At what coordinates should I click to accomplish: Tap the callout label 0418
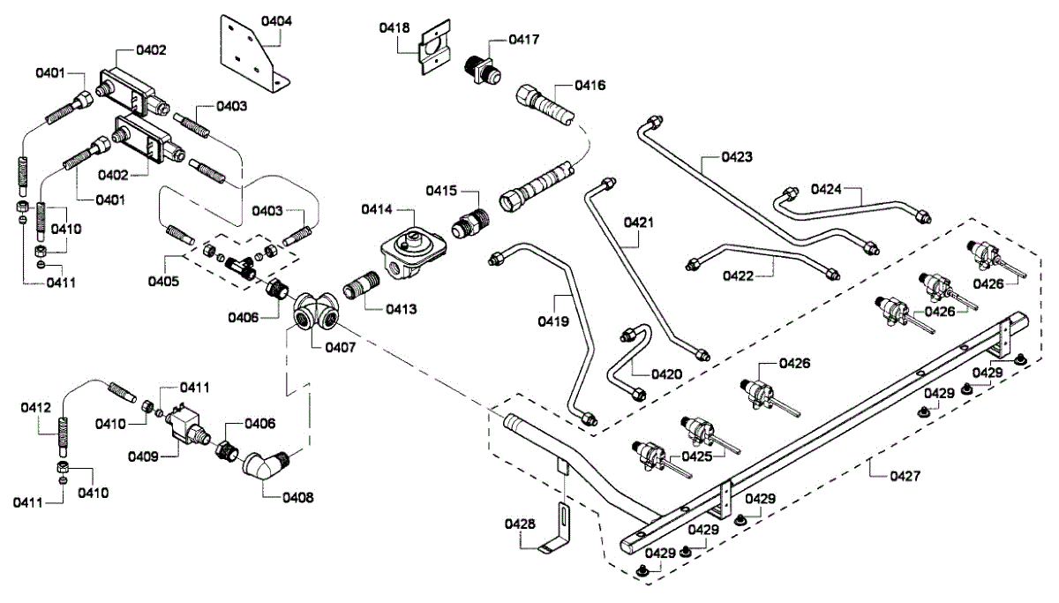pyautogui.click(x=394, y=28)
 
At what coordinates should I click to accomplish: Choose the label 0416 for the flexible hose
pyautogui.click(x=590, y=86)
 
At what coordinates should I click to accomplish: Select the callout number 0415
pyautogui.click(x=441, y=191)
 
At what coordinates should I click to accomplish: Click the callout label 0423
pyautogui.click(x=737, y=158)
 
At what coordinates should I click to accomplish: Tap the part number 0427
pyautogui.click(x=905, y=476)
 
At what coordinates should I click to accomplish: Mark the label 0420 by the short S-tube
pyautogui.click(x=667, y=373)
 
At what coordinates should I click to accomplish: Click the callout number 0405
pyautogui.click(x=163, y=282)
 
